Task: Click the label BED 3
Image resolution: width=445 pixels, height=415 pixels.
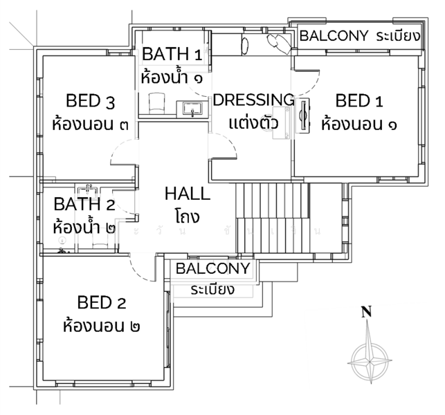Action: (x=90, y=102)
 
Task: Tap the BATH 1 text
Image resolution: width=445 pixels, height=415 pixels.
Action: (x=172, y=54)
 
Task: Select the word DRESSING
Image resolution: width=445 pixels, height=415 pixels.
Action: (x=253, y=100)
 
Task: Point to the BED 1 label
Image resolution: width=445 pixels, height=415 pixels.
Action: (x=358, y=102)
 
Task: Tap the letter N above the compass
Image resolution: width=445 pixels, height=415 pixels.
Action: (x=367, y=313)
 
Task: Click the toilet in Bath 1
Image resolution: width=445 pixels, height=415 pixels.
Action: (x=156, y=104)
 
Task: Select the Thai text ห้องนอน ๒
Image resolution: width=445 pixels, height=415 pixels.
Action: (x=102, y=325)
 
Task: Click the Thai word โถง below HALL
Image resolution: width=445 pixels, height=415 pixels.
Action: (x=187, y=216)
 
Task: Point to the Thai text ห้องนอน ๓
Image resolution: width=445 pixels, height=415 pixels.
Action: (x=90, y=125)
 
